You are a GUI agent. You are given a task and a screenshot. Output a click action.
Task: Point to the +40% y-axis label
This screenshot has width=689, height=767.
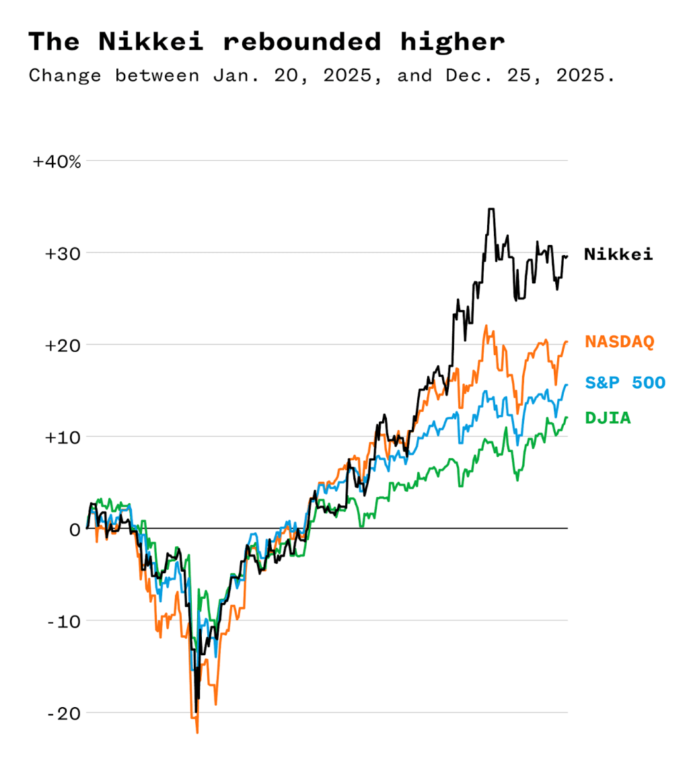pos(57,161)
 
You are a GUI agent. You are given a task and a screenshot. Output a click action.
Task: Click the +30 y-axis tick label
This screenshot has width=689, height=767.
pos(63,254)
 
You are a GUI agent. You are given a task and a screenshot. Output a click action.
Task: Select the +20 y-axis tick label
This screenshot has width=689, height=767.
pos(63,345)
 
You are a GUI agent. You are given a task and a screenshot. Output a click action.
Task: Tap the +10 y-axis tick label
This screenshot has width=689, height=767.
pos(63,437)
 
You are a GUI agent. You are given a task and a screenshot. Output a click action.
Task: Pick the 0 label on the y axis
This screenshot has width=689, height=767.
pos(74,529)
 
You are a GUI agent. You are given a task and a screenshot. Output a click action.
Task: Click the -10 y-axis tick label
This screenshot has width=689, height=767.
pos(64,621)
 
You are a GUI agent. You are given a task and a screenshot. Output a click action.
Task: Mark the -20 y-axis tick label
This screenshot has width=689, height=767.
pos(64,713)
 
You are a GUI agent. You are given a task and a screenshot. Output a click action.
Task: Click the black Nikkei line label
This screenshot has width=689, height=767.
pos(618,254)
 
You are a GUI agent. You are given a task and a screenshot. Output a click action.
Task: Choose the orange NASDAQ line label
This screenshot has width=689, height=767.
pos(620,342)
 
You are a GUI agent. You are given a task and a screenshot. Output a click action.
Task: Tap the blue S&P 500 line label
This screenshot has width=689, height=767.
pos(625,383)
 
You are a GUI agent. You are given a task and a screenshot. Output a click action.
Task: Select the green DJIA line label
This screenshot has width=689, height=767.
pos(608,418)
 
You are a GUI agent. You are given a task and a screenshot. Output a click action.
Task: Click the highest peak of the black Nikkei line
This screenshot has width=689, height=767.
pos(491,209)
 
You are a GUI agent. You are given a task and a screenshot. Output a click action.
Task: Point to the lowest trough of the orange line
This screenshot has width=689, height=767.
pos(197,732)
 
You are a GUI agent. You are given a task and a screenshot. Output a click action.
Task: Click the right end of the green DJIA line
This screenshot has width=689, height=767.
pos(567,418)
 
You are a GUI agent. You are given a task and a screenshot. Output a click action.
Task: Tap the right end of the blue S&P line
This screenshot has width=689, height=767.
pos(567,385)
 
